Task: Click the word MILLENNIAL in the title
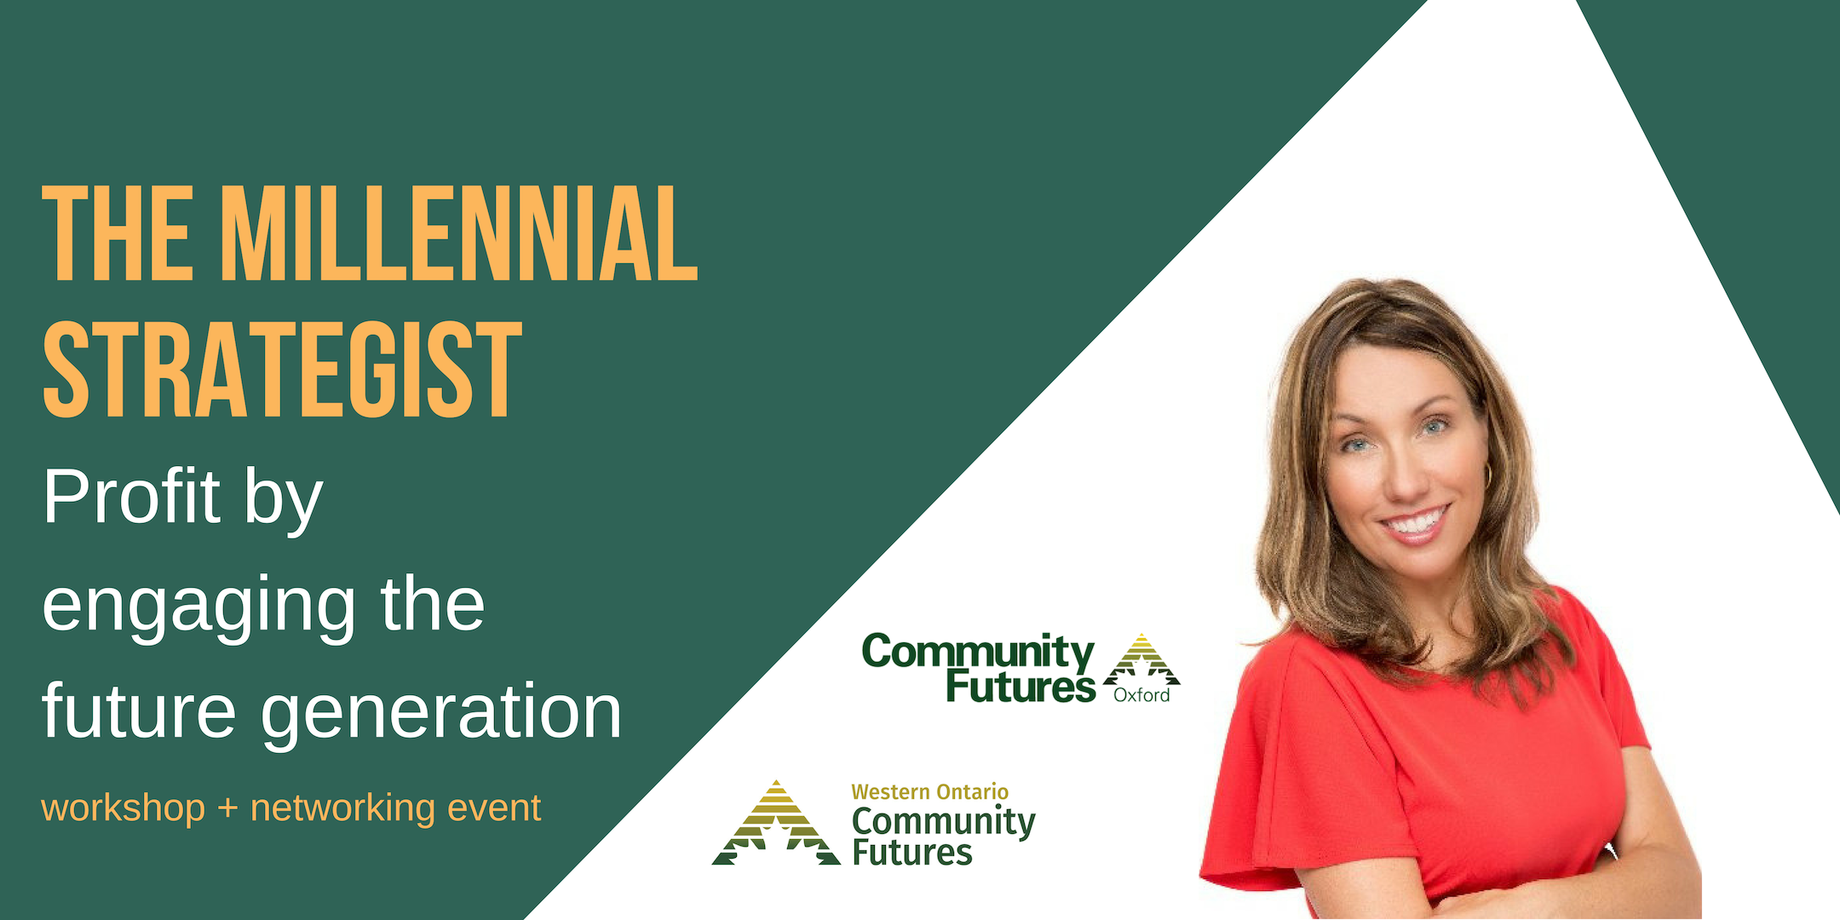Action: click(x=459, y=233)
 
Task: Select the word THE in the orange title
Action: click(x=118, y=233)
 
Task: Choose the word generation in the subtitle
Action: click(x=441, y=712)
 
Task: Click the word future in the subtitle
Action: click(x=139, y=710)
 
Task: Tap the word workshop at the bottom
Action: click(x=124, y=808)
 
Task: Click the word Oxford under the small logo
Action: click(x=1141, y=695)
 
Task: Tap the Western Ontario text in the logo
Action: click(x=929, y=792)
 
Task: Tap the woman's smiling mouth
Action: click(x=1417, y=523)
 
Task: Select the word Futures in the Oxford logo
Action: click(x=1021, y=687)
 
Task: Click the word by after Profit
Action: click(x=284, y=501)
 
